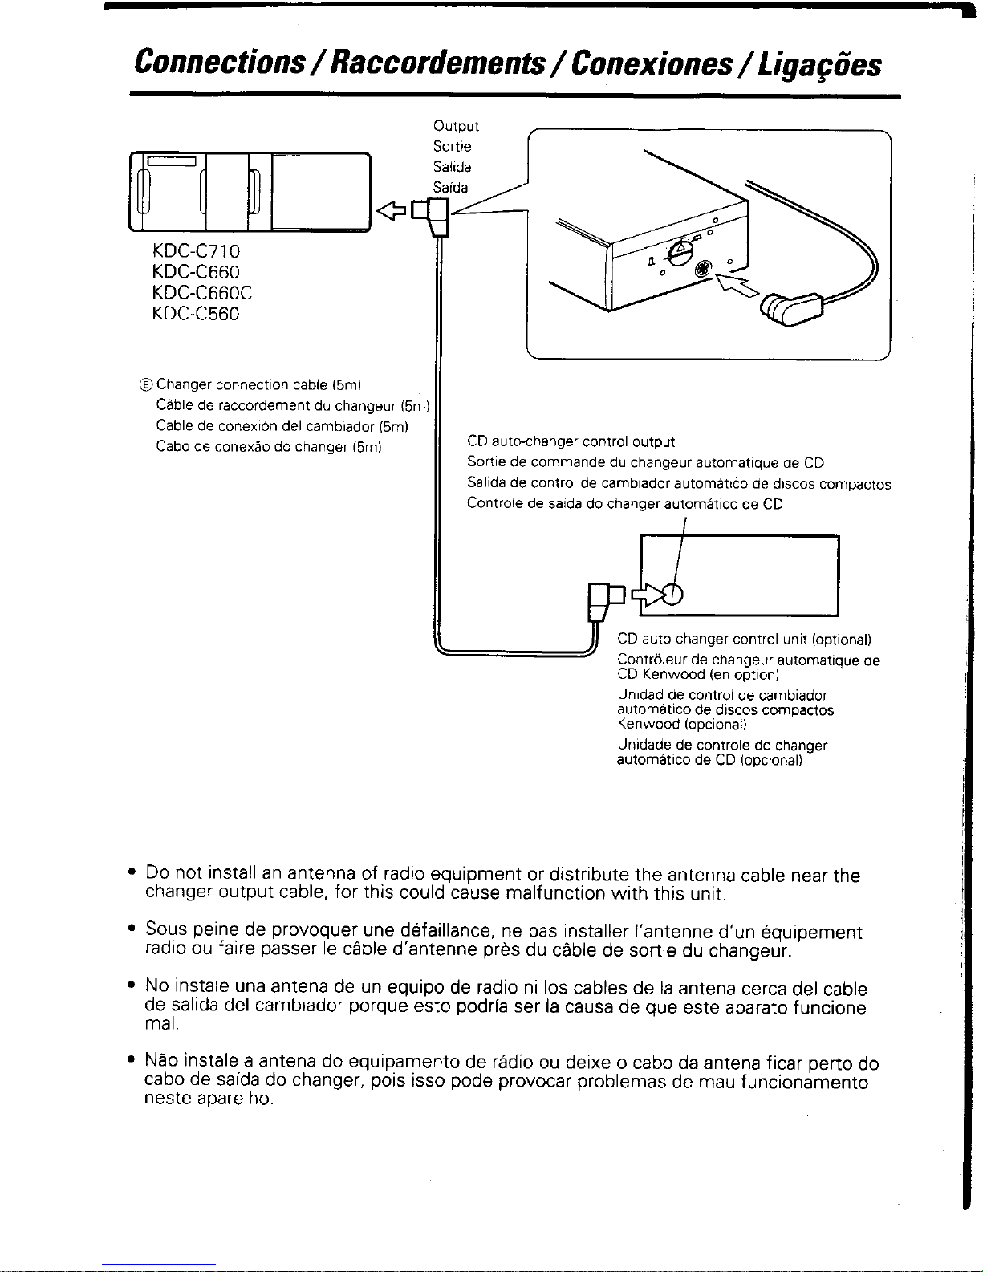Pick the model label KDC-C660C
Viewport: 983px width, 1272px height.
click(x=201, y=293)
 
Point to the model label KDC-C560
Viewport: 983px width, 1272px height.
click(x=196, y=314)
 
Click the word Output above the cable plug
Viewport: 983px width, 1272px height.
click(x=456, y=126)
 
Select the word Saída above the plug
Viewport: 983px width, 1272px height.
click(x=451, y=188)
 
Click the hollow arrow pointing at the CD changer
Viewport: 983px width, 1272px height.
click(x=392, y=211)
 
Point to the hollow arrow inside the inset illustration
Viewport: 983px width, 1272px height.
click(x=738, y=284)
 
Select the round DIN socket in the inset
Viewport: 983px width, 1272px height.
click(x=703, y=270)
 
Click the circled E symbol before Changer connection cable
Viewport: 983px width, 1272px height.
click(x=146, y=385)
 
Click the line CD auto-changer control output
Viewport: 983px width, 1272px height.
click(x=571, y=441)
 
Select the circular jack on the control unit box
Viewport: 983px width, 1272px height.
click(x=673, y=594)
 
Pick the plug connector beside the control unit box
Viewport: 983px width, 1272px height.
click(x=606, y=598)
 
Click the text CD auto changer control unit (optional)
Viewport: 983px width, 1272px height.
click(x=744, y=640)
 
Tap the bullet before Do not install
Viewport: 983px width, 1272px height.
click(x=131, y=873)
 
